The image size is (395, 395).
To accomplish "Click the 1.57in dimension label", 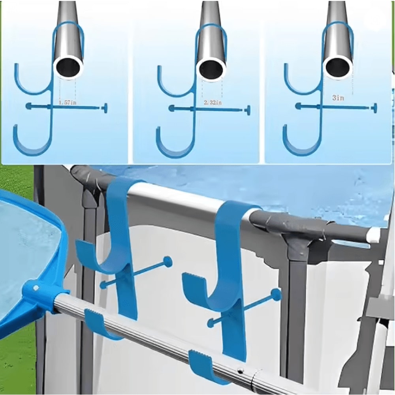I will point(67,103).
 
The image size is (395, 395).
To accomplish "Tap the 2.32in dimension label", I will point(213,103).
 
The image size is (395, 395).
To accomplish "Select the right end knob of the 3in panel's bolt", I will point(373,107).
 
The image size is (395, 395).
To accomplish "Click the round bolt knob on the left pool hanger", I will point(167,261).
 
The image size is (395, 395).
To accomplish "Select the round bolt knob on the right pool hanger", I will point(276,294).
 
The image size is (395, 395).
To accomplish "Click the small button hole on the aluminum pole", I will point(240,371).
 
